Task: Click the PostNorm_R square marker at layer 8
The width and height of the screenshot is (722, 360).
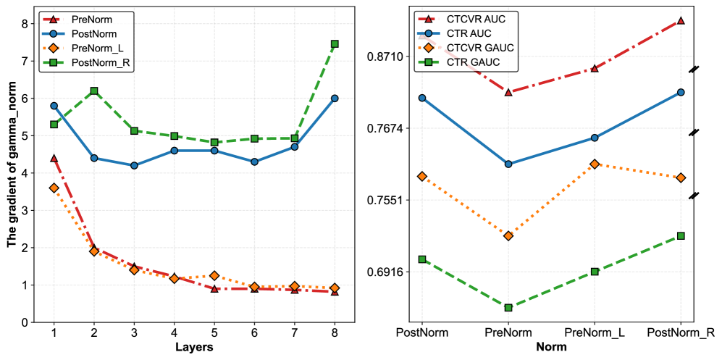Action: tap(335, 44)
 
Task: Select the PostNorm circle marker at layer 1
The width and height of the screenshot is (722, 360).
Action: tap(54, 106)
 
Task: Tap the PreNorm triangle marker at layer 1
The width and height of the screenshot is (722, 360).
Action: tap(54, 158)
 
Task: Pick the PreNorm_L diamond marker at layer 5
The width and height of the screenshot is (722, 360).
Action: tap(214, 276)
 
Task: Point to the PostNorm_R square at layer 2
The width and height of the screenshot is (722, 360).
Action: tap(94, 91)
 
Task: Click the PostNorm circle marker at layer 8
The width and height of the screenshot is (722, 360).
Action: tap(335, 99)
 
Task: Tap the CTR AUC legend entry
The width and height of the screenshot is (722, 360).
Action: tap(471, 33)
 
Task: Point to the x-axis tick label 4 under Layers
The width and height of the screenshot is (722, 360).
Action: tap(174, 332)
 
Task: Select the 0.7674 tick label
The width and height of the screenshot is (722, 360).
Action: tap(388, 129)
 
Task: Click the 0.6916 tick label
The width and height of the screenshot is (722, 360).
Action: tap(388, 272)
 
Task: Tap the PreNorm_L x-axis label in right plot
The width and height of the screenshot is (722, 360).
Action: tap(594, 332)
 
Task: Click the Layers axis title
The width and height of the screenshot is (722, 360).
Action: tap(194, 348)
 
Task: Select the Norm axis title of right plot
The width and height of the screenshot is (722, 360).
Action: tap(551, 348)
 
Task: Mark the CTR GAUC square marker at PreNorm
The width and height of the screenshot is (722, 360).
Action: tap(508, 308)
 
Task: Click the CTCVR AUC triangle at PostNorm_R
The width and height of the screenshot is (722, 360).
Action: tap(681, 20)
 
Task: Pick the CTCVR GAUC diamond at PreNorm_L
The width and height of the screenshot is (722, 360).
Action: tap(595, 164)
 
